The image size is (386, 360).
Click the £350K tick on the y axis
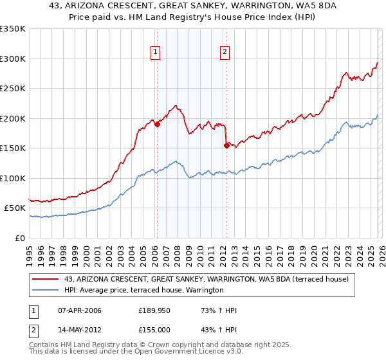(x=13, y=29)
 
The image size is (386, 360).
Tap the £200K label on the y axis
(x=13, y=118)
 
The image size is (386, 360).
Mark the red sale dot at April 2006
(x=157, y=125)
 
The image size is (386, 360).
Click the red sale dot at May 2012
(x=226, y=145)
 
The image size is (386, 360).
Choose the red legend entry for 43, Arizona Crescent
(x=207, y=279)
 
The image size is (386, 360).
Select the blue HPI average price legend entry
(x=143, y=290)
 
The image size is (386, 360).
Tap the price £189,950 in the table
(x=152, y=311)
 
